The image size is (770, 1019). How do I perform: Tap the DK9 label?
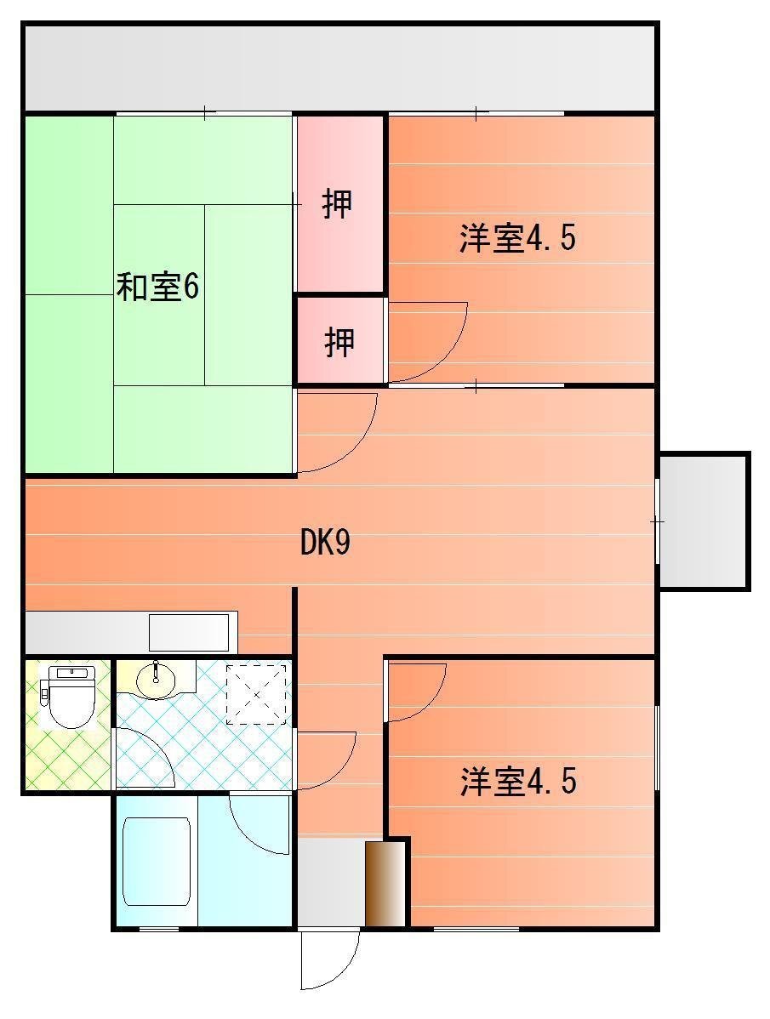[325, 542]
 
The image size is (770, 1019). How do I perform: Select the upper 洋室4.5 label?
[517, 238]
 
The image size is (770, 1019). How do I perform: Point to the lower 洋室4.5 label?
[518, 781]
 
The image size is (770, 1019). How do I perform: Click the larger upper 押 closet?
[339, 203]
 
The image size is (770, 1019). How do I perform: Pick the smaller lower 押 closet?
[339, 340]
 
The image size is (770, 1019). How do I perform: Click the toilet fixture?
[67, 696]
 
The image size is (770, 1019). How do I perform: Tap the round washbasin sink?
[156, 680]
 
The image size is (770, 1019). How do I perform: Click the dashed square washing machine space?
[256, 694]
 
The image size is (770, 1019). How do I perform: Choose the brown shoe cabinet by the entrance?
[385, 884]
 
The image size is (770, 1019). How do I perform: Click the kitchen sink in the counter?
[189, 632]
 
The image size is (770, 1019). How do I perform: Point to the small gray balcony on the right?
[703, 521]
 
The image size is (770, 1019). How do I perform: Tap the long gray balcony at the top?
[339, 68]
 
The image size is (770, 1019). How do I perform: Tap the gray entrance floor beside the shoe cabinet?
[331, 881]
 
